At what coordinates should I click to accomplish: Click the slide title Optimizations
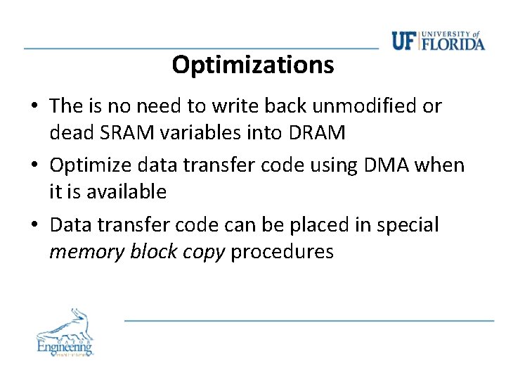tap(252, 65)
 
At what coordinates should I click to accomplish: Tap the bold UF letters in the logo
tap(404, 41)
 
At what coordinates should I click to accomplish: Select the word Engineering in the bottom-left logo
tap(64, 346)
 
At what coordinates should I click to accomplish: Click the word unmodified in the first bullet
tap(367, 106)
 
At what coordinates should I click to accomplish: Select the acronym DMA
tap(380, 165)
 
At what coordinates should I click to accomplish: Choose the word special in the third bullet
tap(407, 225)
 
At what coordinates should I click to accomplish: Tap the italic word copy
tap(201, 251)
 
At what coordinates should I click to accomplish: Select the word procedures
tap(282, 251)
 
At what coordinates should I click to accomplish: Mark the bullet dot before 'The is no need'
tap(34, 107)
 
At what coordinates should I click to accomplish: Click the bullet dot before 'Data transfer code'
tap(34, 226)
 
